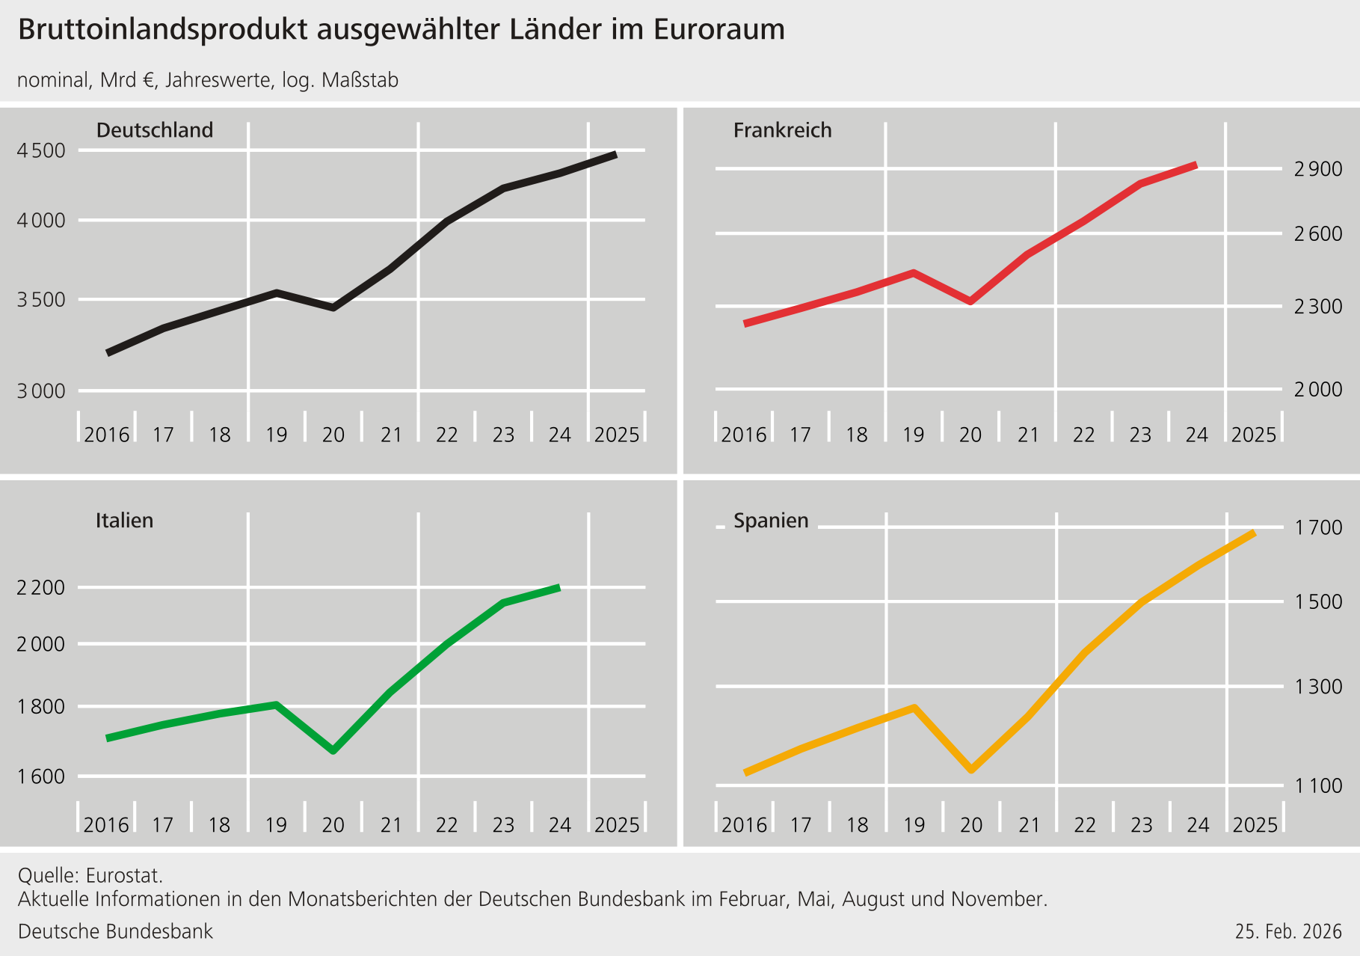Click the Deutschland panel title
click(155, 130)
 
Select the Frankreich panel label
click(782, 130)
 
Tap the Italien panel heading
click(124, 520)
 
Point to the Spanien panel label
click(771, 520)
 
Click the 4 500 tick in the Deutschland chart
click(41, 150)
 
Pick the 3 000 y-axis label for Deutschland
click(41, 391)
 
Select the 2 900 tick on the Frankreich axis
click(1317, 169)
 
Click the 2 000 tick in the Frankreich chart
click(1317, 390)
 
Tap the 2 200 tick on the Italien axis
click(41, 588)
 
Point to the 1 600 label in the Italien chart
click(41, 776)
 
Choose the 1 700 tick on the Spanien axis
click(1318, 528)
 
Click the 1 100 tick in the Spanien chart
click(1318, 786)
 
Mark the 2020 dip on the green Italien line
click(333, 750)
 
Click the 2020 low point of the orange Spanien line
click(971, 769)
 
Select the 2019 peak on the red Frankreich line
click(913, 273)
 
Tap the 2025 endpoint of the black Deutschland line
click(615, 155)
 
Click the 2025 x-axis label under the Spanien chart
click(1255, 825)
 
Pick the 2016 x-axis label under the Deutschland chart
click(106, 435)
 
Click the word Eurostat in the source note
click(123, 874)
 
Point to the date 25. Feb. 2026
click(1288, 931)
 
